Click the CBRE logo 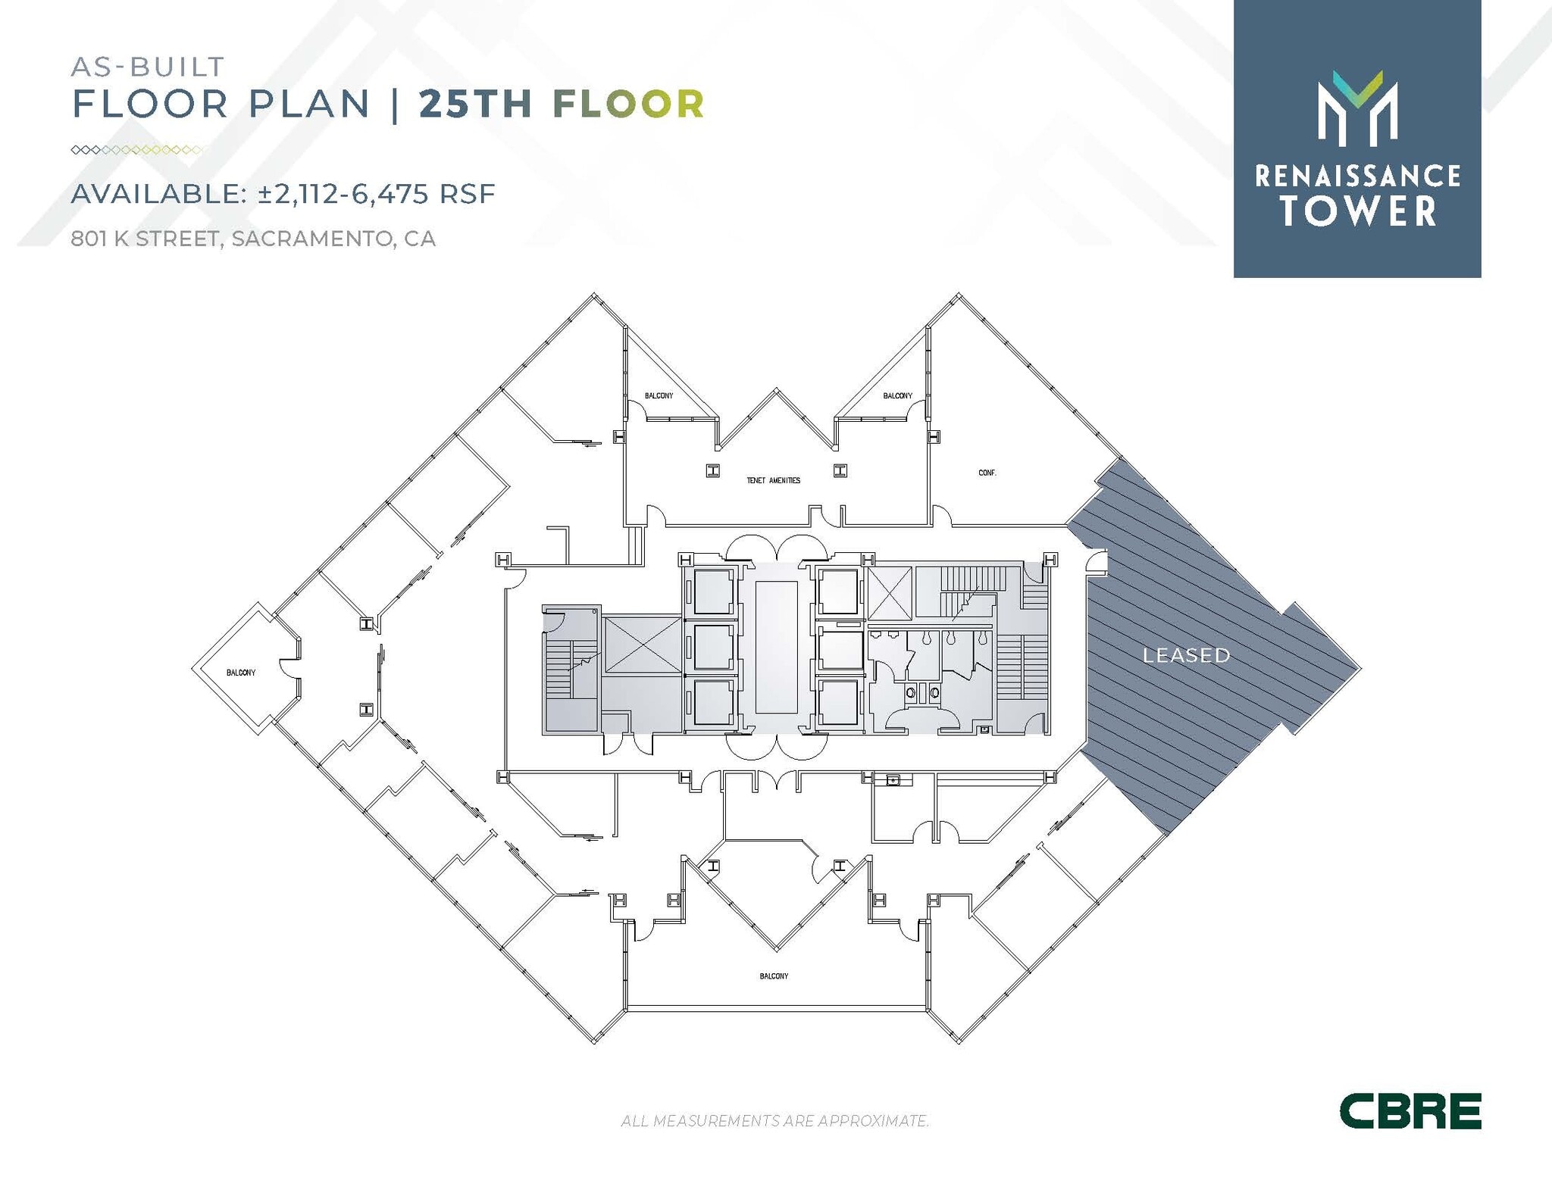click(x=1410, y=1110)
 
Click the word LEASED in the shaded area click(x=1186, y=655)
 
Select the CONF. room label click(x=987, y=473)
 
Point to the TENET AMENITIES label click(x=773, y=480)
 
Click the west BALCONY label click(x=241, y=673)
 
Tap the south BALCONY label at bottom click(x=774, y=976)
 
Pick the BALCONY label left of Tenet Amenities click(x=659, y=395)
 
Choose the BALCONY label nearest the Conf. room click(x=897, y=395)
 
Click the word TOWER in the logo click(x=1358, y=211)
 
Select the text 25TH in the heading click(x=475, y=104)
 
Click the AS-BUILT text click(x=148, y=67)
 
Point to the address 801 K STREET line click(x=253, y=239)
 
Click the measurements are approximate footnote click(x=774, y=1120)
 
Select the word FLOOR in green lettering click(x=629, y=104)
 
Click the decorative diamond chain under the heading click(x=136, y=150)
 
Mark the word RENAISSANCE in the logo click(x=1357, y=176)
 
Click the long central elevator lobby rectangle click(x=776, y=647)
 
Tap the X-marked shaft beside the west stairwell click(x=642, y=645)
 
